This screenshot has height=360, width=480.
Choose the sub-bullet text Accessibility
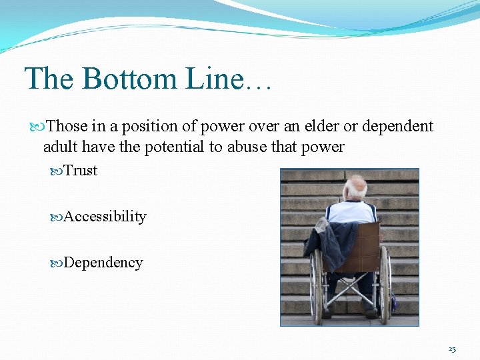[105, 217]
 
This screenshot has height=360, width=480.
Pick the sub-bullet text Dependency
[103, 263]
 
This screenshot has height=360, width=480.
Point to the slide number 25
[452, 349]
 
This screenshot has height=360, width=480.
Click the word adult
[60, 147]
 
